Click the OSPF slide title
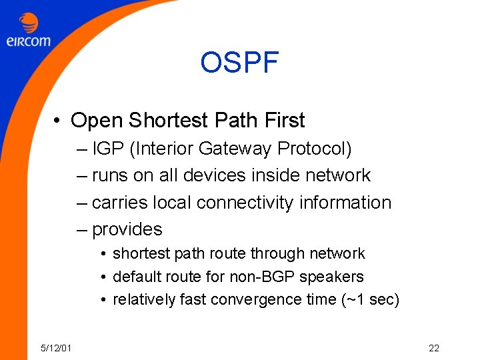click(x=239, y=63)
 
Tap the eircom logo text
click(x=29, y=41)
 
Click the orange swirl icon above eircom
click(x=29, y=23)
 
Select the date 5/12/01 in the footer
click(x=57, y=348)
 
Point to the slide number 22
click(x=434, y=348)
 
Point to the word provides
click(x=127, y=230)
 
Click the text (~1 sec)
click(x=370, y=300)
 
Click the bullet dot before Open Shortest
click(x=59, y=121)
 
